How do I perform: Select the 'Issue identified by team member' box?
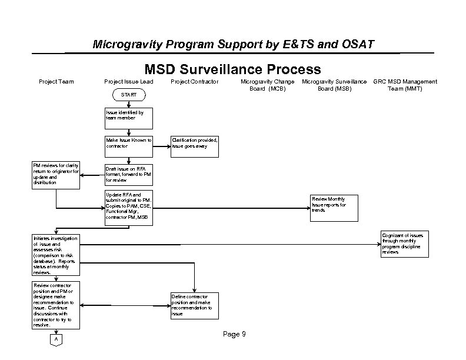coord(128,118)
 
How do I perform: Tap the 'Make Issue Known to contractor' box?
coord(128,146)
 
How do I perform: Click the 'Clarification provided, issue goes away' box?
coord(194,146)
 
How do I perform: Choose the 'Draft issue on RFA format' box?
coord(128,175)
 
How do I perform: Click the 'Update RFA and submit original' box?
coord(128,206)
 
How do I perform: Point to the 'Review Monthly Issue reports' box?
coord(334,208)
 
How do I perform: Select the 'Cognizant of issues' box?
coord(405,244)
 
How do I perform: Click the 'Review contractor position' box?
coord(56,305)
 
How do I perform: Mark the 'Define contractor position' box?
coord(194,305)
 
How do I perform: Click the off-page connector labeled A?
coord(56,340)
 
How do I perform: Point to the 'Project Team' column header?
coord(56,81)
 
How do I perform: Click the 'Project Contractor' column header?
coord(194,81)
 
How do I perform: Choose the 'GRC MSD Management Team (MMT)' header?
coord(405,85)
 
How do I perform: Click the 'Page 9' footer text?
coord(234,334)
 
